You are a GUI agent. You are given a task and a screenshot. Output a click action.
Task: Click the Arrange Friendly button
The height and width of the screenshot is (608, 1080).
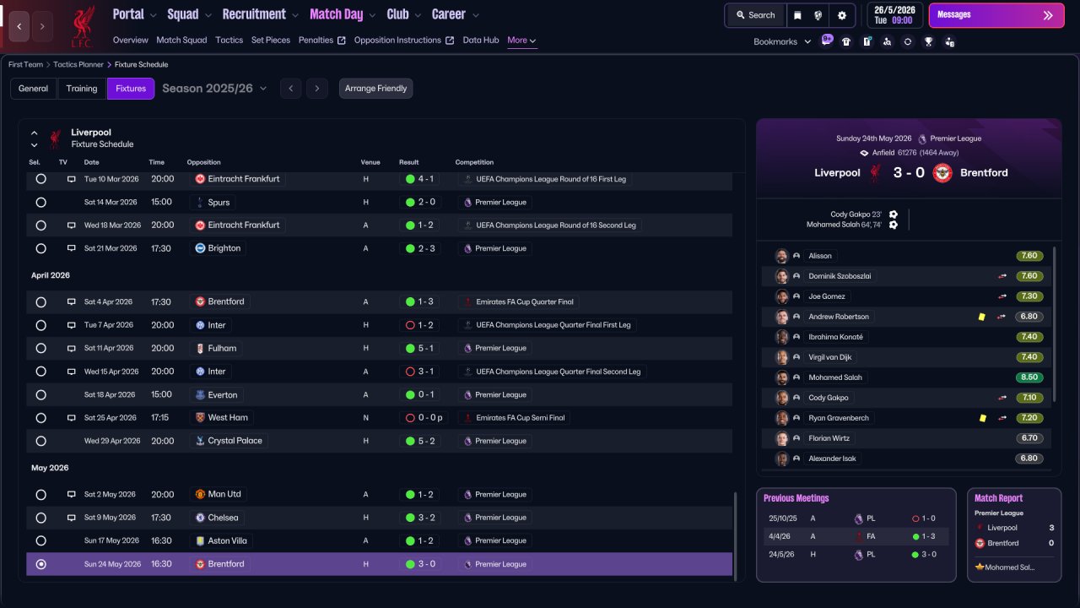click(x=375, y=89)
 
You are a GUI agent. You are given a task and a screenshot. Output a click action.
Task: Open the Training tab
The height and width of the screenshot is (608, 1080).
click(x=82, y=89)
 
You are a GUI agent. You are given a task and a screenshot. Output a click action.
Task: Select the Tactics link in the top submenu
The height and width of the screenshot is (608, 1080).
click(x=229, y=40)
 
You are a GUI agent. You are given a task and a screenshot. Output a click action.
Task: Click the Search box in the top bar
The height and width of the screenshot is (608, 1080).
click(x=755, y=15)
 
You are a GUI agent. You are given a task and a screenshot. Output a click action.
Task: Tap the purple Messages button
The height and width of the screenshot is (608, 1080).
click(x=996, y=15)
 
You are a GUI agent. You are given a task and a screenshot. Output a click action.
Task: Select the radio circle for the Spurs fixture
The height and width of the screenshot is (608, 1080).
click(x=41, y=202)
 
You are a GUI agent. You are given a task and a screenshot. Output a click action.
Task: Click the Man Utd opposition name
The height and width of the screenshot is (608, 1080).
click(x=224, y=494)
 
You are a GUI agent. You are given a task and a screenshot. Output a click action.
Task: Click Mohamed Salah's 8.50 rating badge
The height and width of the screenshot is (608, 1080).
click(x=1029, y=377)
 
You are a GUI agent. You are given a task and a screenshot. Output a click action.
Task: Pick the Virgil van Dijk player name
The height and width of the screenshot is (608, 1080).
click(x=829, y=357)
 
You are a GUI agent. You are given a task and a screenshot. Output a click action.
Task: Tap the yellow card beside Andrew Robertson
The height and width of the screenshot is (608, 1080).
click(x=981, y=317)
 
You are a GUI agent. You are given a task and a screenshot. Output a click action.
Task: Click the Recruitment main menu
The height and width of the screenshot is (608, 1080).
click(x=254, y=14)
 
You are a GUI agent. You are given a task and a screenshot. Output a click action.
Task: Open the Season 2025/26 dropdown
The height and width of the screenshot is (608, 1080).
click(x=214, y=89)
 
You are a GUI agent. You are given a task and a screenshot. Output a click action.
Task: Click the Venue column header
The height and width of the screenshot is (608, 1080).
click(x=370, y=162)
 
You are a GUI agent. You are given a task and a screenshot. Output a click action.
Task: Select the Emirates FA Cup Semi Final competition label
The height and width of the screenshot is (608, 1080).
click(x=521, y=418)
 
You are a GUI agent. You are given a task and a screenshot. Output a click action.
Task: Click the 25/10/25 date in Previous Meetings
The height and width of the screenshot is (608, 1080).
click(x=782, y=518)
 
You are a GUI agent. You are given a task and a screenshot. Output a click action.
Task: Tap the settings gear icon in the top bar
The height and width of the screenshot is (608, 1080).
click(x=842, y=15)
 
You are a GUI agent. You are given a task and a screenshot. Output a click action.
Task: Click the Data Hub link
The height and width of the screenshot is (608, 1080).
click(x=481, y=40)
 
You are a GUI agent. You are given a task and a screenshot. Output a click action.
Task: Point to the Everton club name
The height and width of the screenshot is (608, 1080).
click(x=222, y=394)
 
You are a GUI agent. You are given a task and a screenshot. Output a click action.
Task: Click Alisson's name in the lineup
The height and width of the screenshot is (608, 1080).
click(x=819, y=256)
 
